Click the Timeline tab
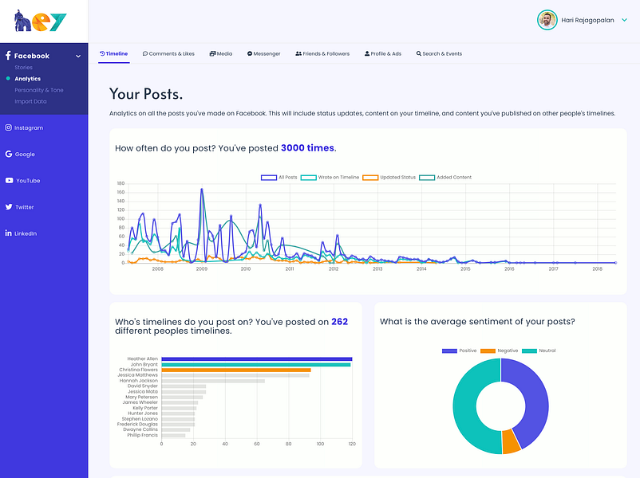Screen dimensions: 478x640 coord(113,53)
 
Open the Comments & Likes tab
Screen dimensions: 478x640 coord(168,53)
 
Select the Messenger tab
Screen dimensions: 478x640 coord(263,53)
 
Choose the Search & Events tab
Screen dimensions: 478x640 coord(439,53)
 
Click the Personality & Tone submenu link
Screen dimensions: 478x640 coord(39,90)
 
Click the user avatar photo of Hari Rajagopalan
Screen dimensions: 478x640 coord(547,21)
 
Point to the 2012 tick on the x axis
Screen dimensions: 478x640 coord(334,269)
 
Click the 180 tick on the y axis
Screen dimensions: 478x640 coord(120,183)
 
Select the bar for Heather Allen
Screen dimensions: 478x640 coord(256,359)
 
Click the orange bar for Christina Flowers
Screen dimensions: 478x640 coord(236,370)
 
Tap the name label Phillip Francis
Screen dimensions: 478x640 coord(142,435)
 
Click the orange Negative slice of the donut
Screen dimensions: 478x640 coord(511,441)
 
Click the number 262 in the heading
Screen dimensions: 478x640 coord(340,322)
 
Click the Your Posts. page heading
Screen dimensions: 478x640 coord(146,94)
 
